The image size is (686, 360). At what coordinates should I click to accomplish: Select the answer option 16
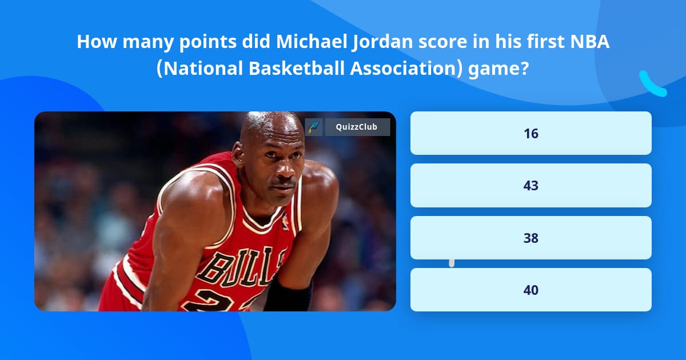[x=531, y=133]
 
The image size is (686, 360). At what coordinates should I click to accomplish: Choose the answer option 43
[x=531, y=186]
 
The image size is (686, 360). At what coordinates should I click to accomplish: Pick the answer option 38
[x=531, y=238]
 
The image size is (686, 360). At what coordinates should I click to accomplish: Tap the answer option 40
[x=531, y=290]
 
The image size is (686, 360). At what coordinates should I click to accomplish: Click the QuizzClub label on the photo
[x=357, y=127]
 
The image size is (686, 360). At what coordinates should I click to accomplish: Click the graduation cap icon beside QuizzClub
[x=314, y=127]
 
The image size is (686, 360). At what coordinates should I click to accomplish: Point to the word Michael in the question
[x=305, y=42]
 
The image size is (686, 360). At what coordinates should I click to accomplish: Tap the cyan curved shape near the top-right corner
[x=652, y=84]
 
